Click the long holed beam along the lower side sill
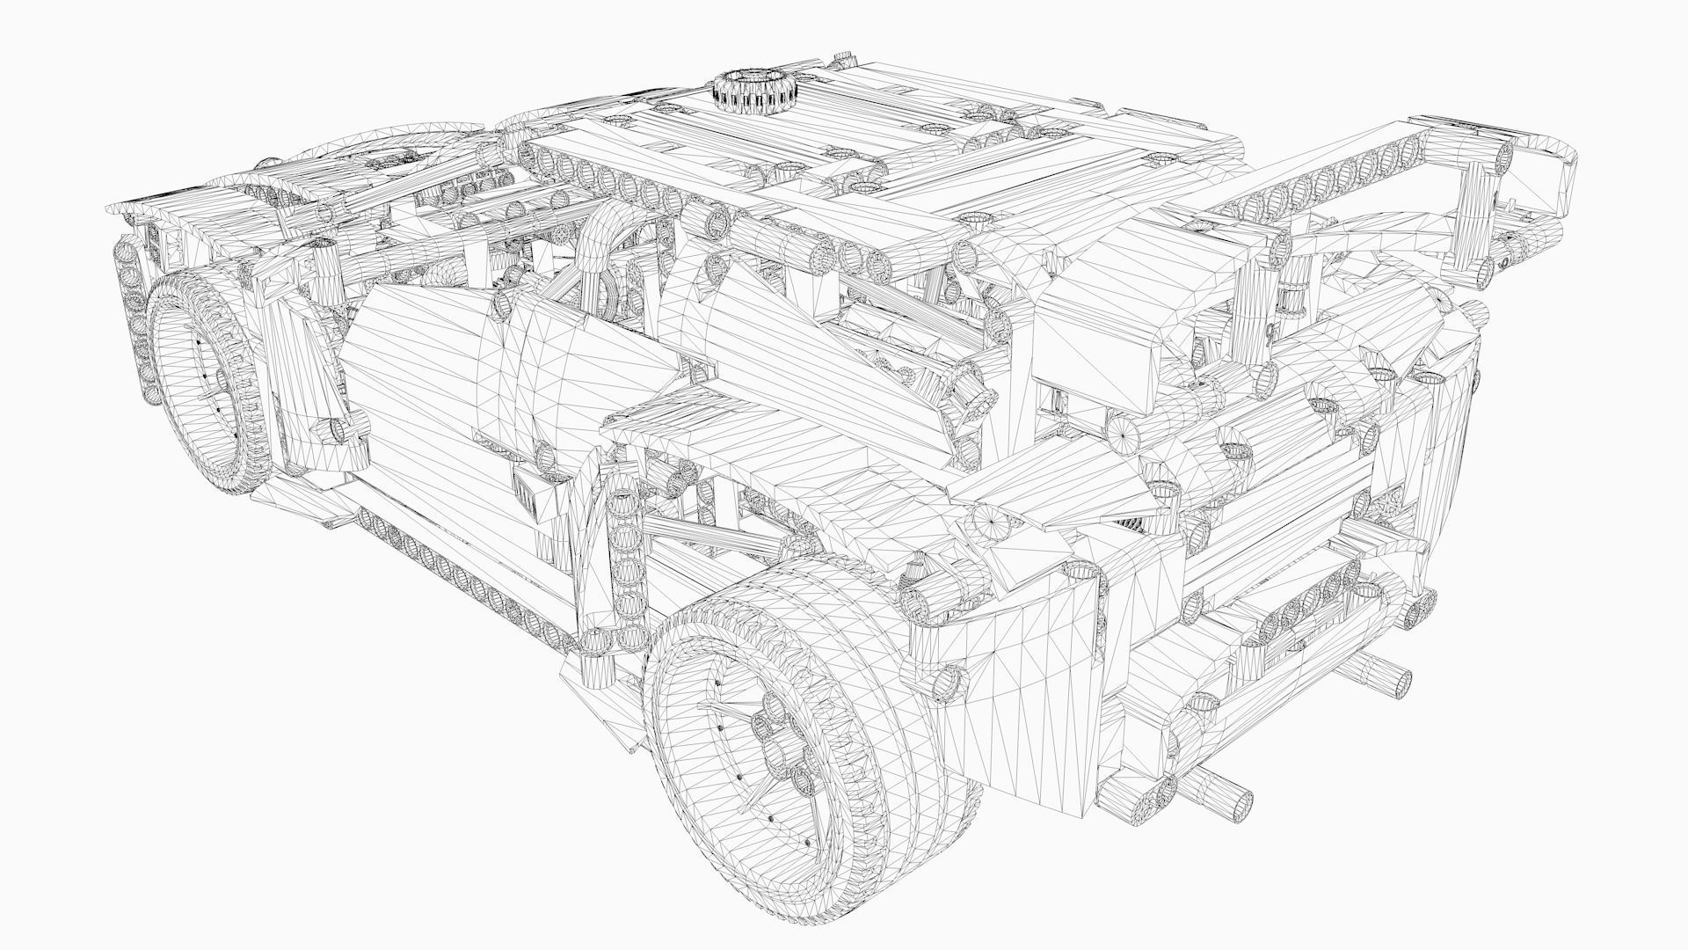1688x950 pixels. pyautogui.click(x=466, y=563)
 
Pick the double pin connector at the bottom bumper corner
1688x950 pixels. pyautogui.click(x=1143, y=800)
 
